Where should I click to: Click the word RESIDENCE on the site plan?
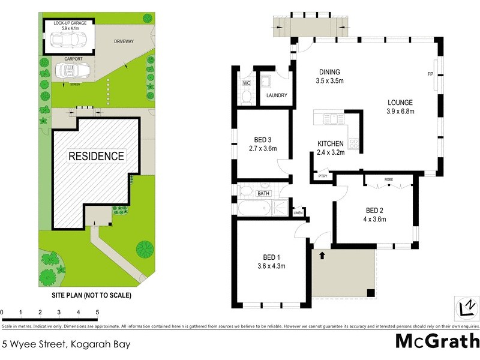point(96,156)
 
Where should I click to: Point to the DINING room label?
point(329,71)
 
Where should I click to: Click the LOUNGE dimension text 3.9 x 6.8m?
point(401,111)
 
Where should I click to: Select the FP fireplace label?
point(430,74)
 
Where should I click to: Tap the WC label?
point(246,83)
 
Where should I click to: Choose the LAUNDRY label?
point(276,95)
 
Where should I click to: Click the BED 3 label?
point(262,140)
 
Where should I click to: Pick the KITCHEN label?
point(331,143)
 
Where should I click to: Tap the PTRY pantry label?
point(322,176)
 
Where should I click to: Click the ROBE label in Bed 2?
point(389,179)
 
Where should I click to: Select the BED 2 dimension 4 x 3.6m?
point(375,219)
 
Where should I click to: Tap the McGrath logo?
point(437,341)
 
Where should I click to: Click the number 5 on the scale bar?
point(97,313)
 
